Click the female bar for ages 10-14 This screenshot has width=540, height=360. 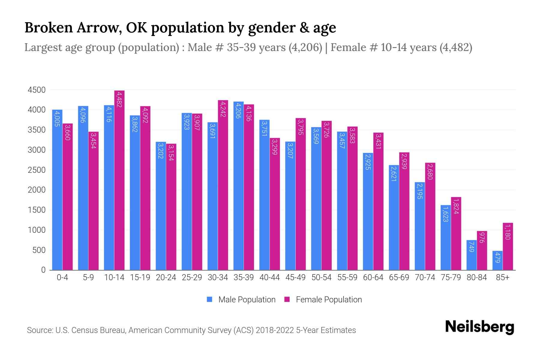point(119,180)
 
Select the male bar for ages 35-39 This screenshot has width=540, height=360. point(238,186)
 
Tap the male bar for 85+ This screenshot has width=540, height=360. point(497,260)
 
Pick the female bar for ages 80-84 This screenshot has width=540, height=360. point(482,250)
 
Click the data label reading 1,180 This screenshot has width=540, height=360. point(508,232)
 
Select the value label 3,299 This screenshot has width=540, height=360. point(274,147)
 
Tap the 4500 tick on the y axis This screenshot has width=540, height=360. point(37,90)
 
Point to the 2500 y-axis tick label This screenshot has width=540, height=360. point(37,170)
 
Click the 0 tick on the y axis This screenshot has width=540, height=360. point(43,270)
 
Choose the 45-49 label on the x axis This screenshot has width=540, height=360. point(295,277)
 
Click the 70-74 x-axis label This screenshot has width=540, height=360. point(425,277)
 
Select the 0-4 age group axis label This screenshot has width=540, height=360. point(62,277)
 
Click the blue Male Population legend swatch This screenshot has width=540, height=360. point(209,299)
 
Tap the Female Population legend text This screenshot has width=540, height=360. point(329,300)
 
